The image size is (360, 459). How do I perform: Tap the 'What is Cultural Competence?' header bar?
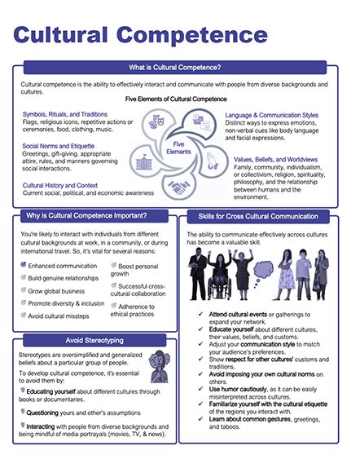click(x=179, y=68)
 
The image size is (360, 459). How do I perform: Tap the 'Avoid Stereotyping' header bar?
click(x=90, y=339)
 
